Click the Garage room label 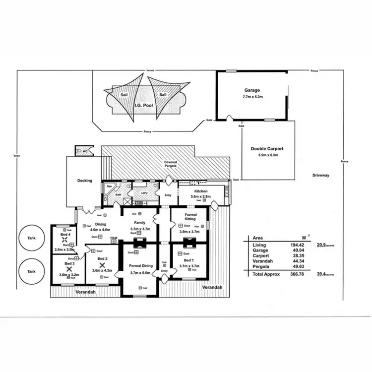(x=251, y=90)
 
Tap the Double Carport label (x=266, y=148)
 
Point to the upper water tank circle (x=32, y=240)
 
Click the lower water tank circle (x=32, y=272)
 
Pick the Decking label (x=85, y=181)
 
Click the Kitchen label (x=200, y=191)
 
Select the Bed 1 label (x=189, y=260)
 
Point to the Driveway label (x=321, y=175)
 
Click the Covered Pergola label (x=171, y=164)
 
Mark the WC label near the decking (x=85, y=151)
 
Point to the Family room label (x=139, y=223)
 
